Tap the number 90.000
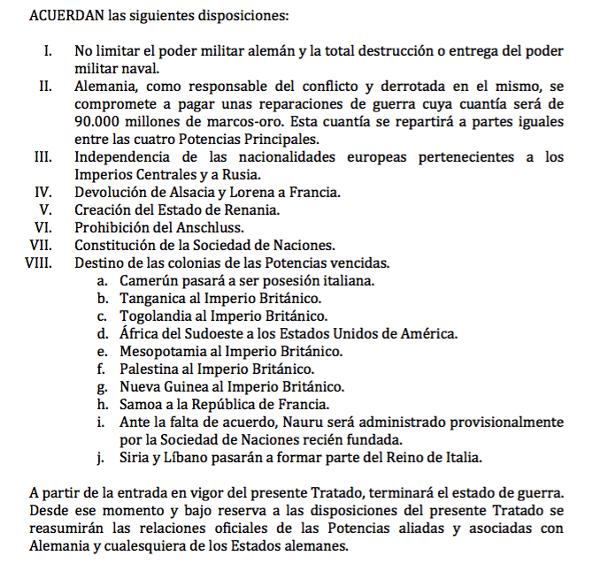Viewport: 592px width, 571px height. (x=97, y=122)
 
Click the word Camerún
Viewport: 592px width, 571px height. (x=147, y=280)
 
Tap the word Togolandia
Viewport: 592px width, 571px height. (x=156, y=316)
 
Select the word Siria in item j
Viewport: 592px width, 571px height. (x=135, y=457)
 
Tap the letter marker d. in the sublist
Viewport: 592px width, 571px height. (x=103, y=333)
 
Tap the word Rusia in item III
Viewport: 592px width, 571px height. (x=229, y=174)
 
